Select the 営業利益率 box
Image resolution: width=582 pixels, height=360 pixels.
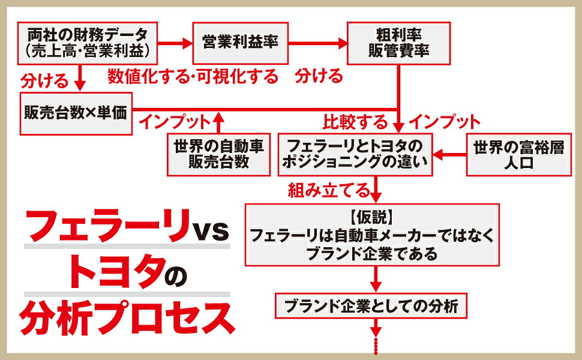[x=239, y=43]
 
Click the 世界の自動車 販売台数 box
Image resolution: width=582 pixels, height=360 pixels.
[x=218, y=154]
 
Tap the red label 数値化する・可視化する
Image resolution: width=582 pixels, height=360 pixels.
[x=193, y=76]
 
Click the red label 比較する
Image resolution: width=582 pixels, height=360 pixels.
[x=355, y=123]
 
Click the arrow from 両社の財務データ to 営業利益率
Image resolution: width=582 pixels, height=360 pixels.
[x=175, y=43]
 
